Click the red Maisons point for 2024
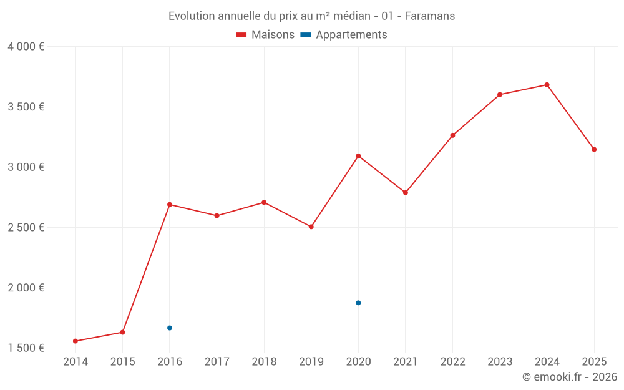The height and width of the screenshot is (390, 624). (x=547, y=85)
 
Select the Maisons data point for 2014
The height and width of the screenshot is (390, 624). (x=76, y=341)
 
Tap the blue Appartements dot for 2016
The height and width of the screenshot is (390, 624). (x=170, y=328)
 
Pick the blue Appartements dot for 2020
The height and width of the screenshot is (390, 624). (x=358, y=303)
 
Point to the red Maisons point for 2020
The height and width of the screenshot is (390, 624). (x=358, y=156)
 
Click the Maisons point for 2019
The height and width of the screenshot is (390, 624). (x=311, y=227)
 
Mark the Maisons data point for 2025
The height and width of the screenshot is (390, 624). (x=594, y=149)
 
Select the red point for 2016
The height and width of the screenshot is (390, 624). (x=170, y=205)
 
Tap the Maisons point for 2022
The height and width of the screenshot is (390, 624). (x=452, y=135)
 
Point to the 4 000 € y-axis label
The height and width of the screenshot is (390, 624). (x=26, y=47)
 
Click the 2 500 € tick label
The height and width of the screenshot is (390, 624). (x=26, y=227)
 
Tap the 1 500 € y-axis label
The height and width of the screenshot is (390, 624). (x=26, y=348)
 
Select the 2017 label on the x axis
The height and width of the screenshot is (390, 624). (x=217, y=362)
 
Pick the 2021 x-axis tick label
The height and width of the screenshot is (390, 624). (x=406, y=362)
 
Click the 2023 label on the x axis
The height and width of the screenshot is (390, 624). (x=500, y=362)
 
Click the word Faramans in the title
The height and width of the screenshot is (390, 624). (x=429, y=16)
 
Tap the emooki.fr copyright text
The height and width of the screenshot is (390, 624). (x=570, y=377)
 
